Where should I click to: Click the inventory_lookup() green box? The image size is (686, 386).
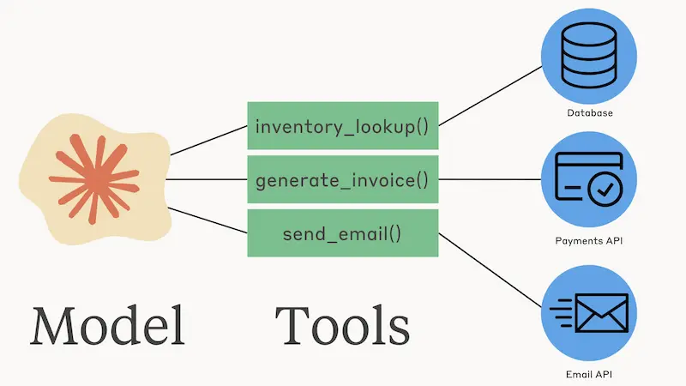click(x=342, y=125)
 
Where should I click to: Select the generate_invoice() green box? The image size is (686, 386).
click(x=342, y=179)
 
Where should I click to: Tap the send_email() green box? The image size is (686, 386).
click(x=342, y=232)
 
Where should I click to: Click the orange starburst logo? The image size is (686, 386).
click(x=94, y=179)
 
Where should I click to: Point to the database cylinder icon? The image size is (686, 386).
click(x=589, y=56)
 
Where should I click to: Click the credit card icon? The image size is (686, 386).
click(x=589, y=179)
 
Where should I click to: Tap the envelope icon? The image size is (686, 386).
click(x=602, y=313)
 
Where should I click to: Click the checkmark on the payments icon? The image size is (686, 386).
click(x=605, y=190)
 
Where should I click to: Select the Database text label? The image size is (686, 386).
click(x=590, y=113)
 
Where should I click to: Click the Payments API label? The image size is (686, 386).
click(x=589, y=241)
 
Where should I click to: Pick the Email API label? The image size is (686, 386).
click(x=589, y=374)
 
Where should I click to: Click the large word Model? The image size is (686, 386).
click(x=108, y=326)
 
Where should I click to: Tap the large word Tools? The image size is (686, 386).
click(x=342, y=326)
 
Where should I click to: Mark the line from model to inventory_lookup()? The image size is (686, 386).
click(x=208, y=141)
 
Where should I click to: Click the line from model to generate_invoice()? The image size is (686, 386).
click(x=207, y=179)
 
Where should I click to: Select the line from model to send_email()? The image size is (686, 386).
click(x=208, y=220)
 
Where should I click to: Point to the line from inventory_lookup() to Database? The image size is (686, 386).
click(x=490, y=96)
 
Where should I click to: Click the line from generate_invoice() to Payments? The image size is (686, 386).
click(x=490, y=179)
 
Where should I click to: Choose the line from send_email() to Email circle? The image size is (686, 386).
click(x=490, y=270)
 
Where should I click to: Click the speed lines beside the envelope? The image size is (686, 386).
click(x=562, y=313)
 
